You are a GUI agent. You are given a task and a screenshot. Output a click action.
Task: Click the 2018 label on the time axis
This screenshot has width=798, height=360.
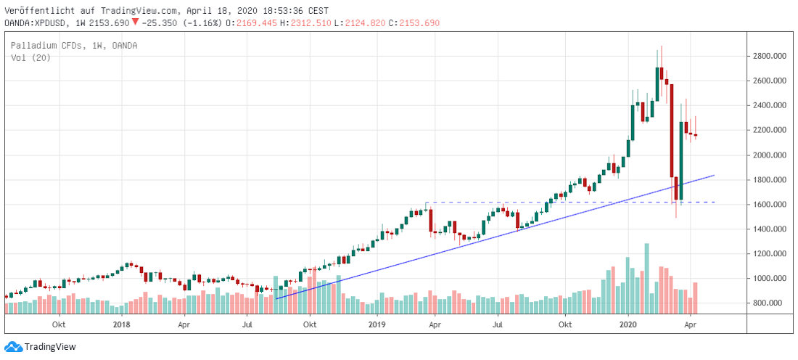click(121, 324)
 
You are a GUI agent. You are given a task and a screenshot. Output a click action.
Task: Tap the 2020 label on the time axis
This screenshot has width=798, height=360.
click(629, 324)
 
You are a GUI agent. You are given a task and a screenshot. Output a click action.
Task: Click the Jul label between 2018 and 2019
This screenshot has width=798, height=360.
click(248, 324)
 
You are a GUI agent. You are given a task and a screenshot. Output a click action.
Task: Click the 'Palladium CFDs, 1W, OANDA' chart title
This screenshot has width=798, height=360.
click(74, 46)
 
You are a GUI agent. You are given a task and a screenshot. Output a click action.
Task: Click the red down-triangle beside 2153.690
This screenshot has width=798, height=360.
click(135, 22)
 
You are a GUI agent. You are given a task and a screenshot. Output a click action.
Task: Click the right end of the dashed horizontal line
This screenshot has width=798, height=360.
click(715, 202)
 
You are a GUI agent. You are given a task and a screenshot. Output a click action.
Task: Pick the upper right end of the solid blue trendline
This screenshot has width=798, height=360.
click(715, 175)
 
